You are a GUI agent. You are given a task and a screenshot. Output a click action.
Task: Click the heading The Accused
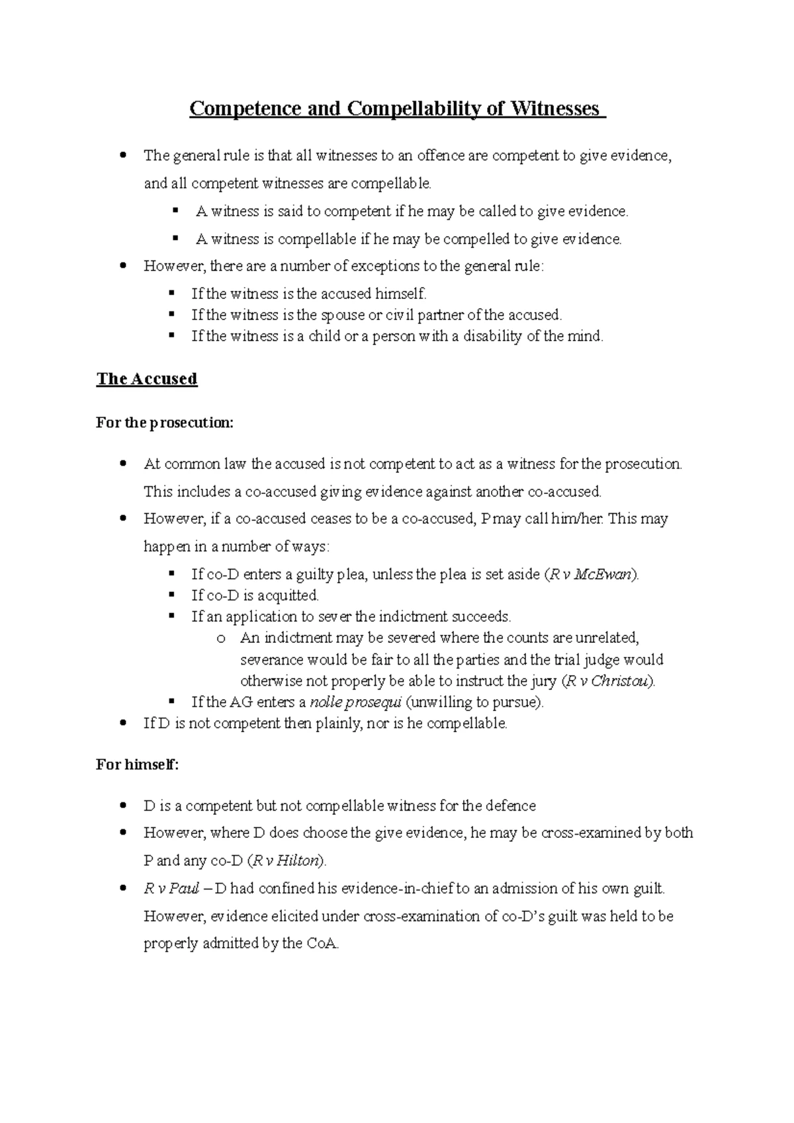pos(147,379)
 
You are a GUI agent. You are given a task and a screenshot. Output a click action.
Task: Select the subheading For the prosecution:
pos(165,423)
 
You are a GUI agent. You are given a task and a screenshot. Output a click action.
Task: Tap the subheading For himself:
pos(138,765)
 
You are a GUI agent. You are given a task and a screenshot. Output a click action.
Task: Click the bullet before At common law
pos(122,464)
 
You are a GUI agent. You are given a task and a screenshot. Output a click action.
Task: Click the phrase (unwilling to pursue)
pos(474,702)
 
